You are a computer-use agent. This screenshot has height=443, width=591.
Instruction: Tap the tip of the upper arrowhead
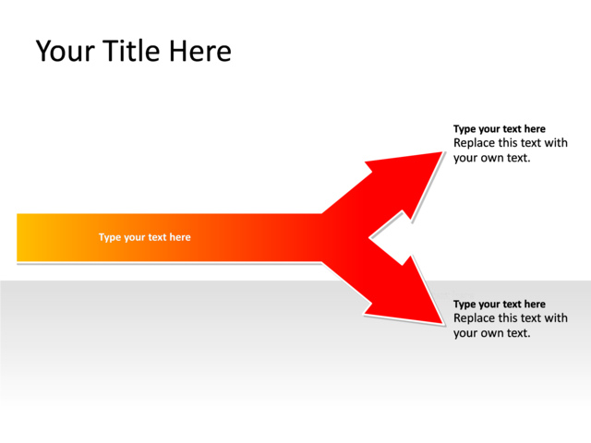tap(442, 152)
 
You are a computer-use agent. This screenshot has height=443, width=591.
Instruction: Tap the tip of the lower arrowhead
tap(442, 324)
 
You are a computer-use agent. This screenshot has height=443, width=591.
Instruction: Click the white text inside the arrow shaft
tap(145, 238)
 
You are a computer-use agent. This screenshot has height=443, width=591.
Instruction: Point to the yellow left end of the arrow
tap(28, 238)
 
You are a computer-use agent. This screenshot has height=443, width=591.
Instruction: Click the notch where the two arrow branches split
tap(371, 239)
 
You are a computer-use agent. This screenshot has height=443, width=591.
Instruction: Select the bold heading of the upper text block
tap(499, 129)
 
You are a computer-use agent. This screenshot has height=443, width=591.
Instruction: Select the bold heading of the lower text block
tap(499, 305)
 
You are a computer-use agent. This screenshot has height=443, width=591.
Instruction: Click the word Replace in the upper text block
tap(474, 143)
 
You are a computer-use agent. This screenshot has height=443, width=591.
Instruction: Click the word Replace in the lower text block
tap(474, 318)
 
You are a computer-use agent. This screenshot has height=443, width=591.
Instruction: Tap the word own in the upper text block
tap(493, 158)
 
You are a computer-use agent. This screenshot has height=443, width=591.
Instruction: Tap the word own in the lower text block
tap(493, 333)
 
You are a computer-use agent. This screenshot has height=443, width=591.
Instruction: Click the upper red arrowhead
tap(406, 181)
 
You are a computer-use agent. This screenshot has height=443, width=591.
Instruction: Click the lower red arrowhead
tap(406, 295)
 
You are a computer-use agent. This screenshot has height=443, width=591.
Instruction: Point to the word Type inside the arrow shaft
tap(110, 238)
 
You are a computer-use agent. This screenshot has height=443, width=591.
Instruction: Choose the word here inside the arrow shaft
tap(179, 238)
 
